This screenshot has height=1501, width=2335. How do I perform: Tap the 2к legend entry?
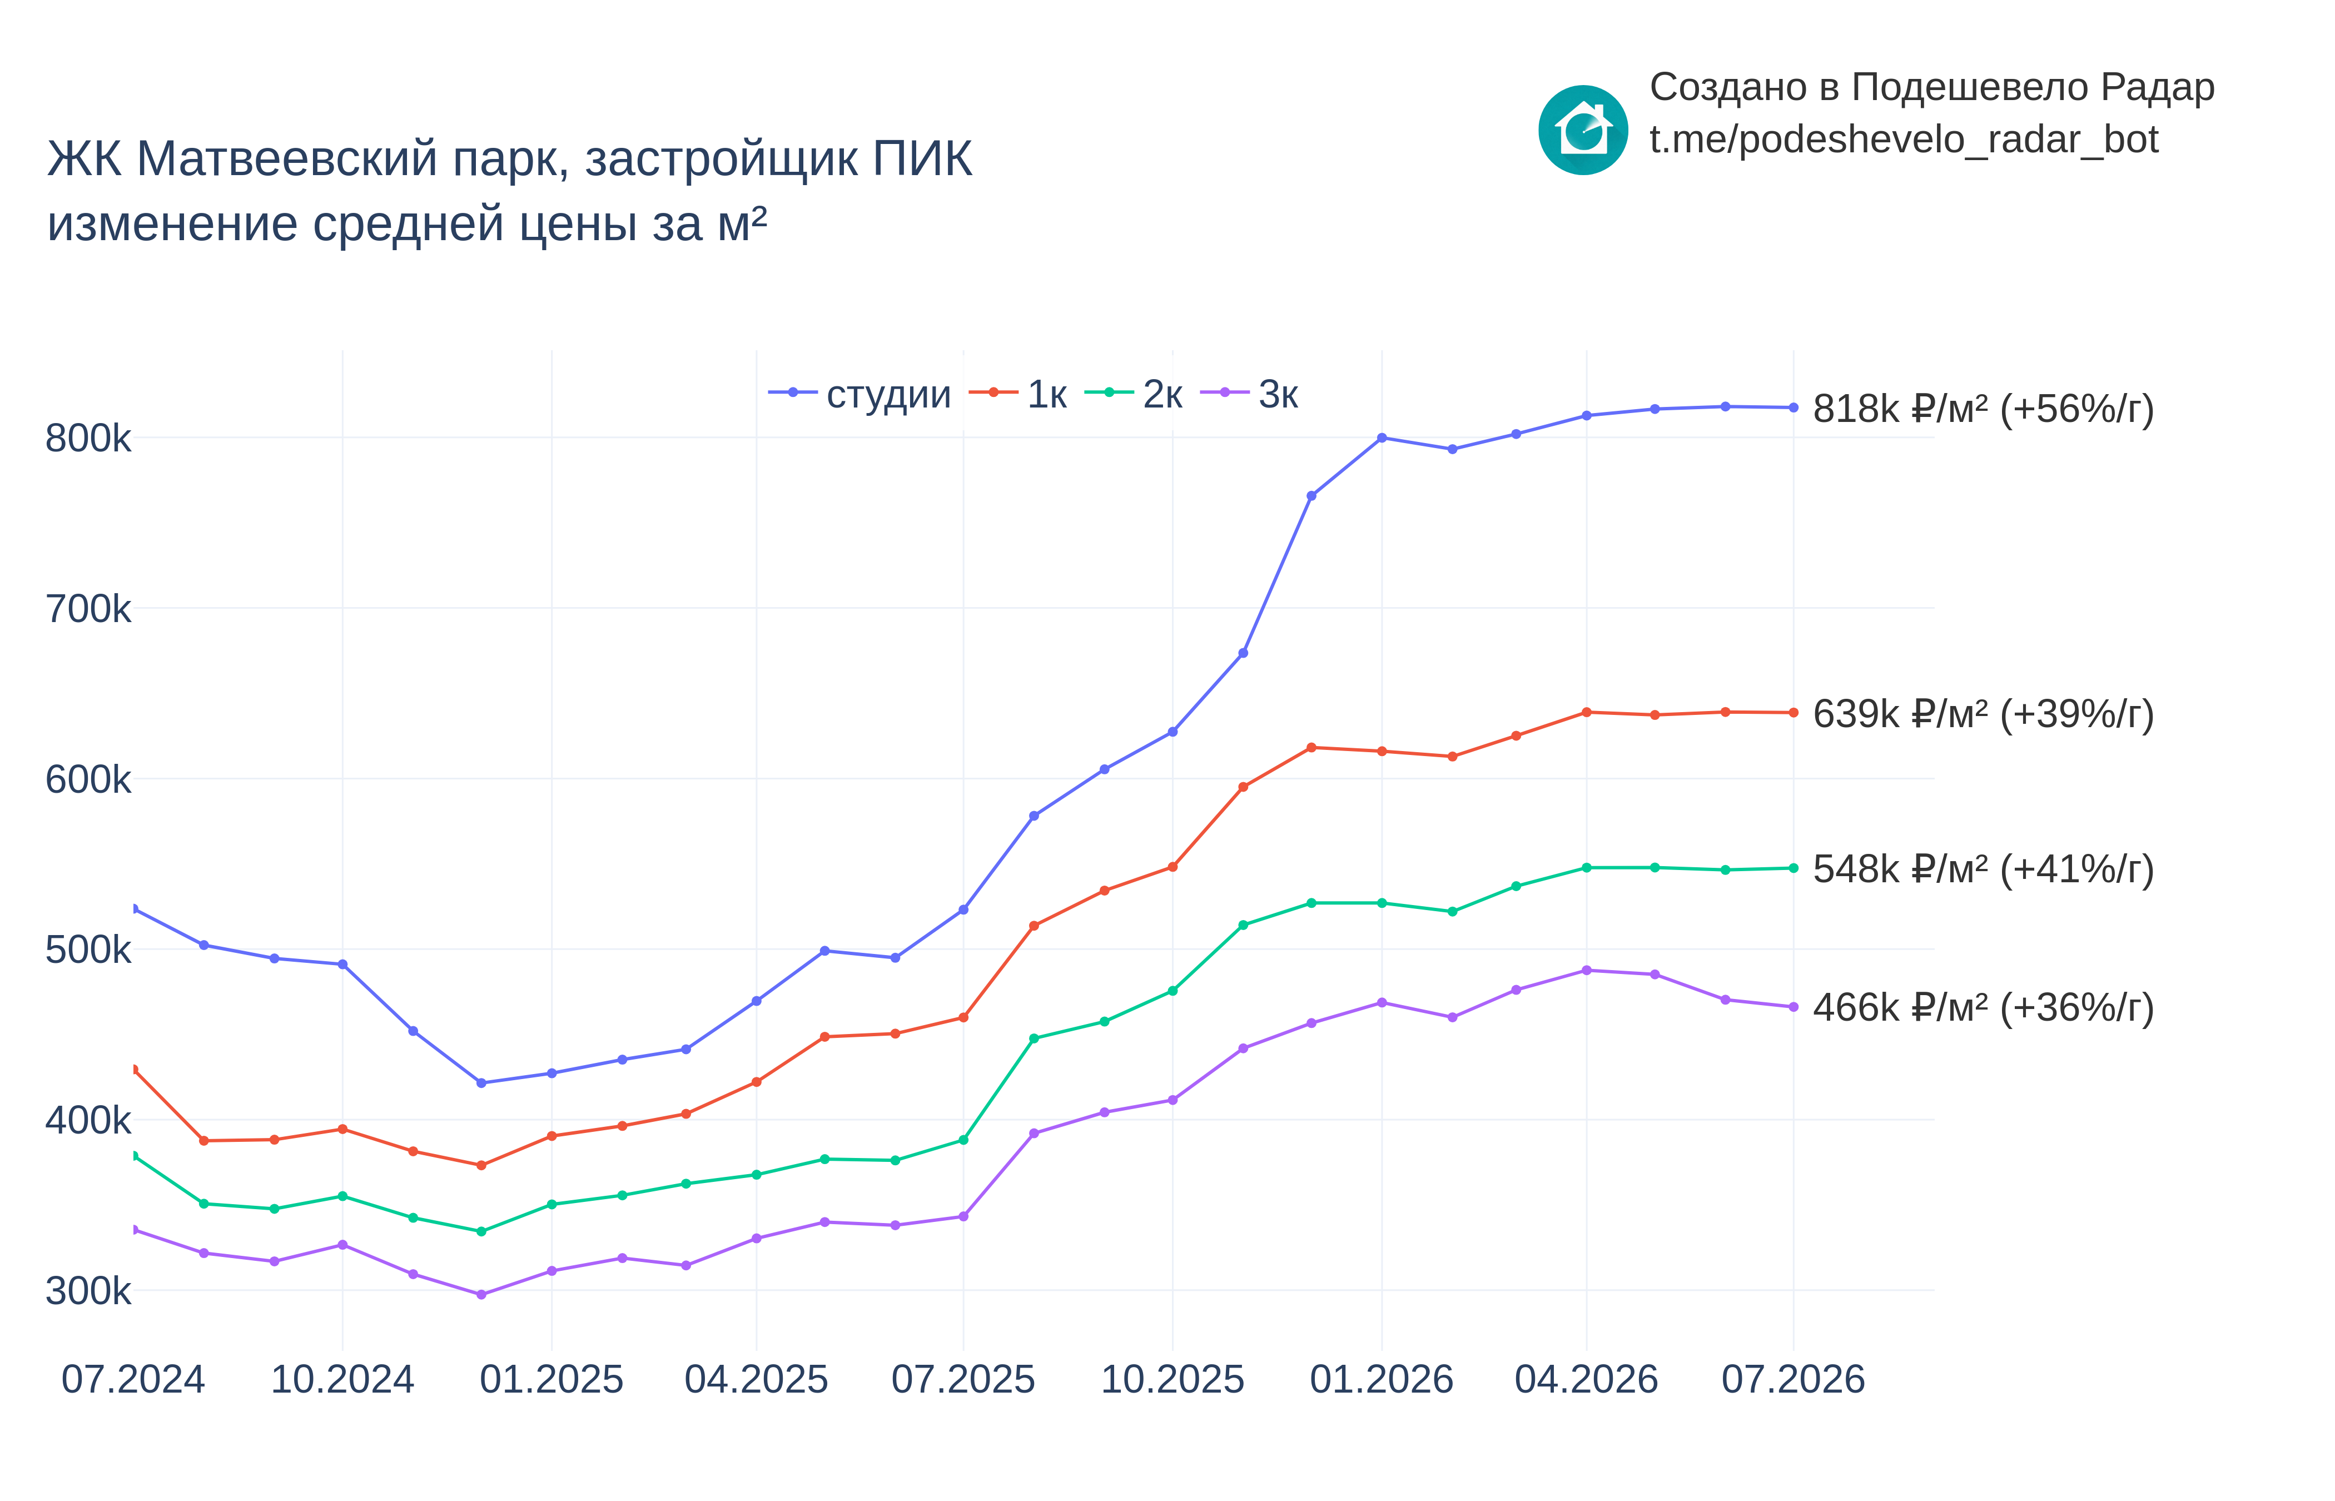coord(1134,394)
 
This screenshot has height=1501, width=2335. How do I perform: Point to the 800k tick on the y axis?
coord(88,439)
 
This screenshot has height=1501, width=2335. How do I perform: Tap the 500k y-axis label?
coord(88,950)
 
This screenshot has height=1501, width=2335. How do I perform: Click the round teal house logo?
coord(1583,130)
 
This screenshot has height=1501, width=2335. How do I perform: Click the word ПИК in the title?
coord(922,159)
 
